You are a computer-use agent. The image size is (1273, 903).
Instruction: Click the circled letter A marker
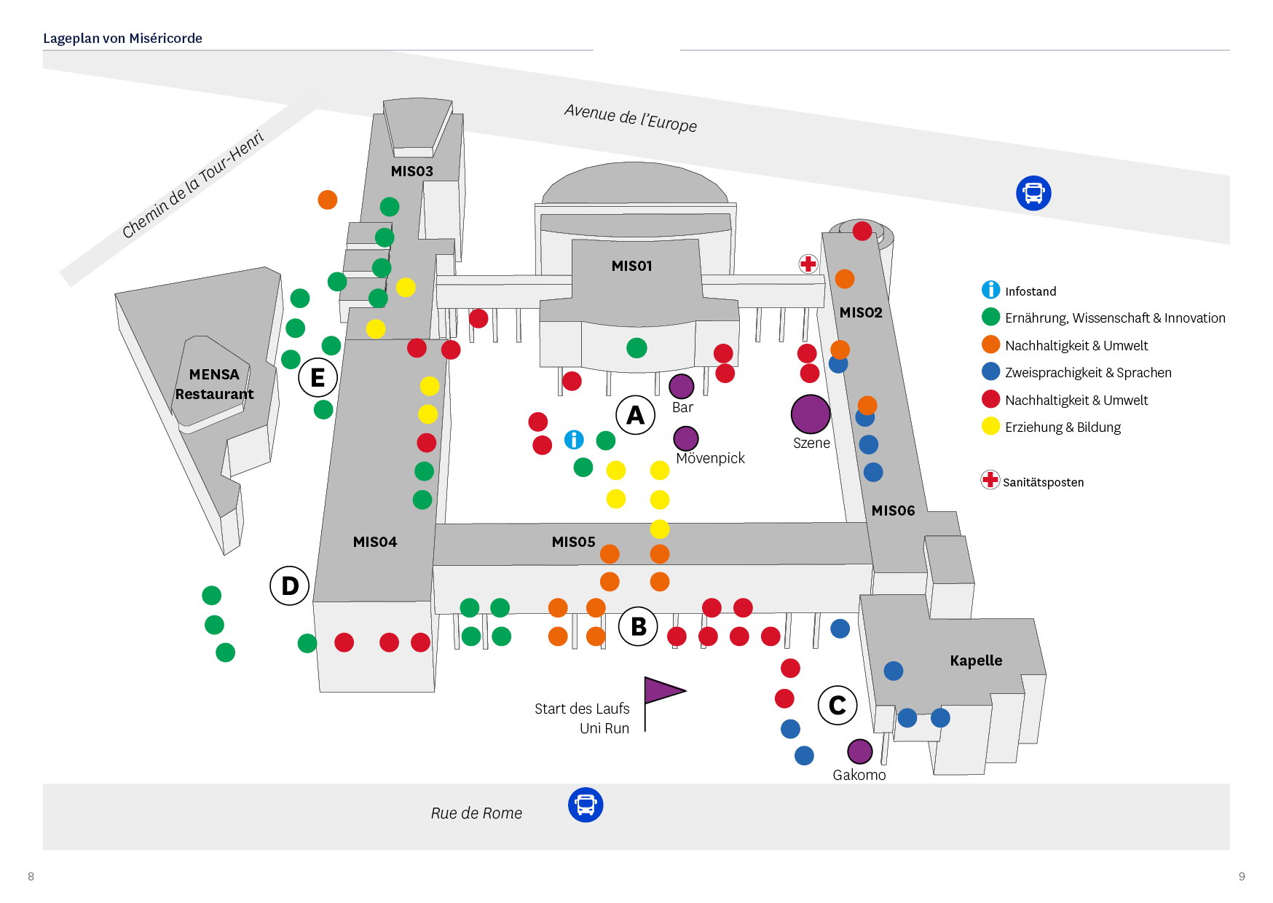coord(636,415)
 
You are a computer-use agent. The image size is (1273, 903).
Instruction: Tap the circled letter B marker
coord(638,626)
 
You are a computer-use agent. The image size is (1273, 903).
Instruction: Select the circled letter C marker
coord(837,705)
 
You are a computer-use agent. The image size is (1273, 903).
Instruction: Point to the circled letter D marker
coord(290,585)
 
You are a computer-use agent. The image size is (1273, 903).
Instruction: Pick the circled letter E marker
coord(318,377)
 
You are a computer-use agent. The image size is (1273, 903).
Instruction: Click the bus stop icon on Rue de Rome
coord(586,805)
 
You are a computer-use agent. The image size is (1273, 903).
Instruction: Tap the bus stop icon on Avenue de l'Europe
coord(1033,193)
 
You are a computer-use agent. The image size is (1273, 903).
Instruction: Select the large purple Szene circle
coord(811,414)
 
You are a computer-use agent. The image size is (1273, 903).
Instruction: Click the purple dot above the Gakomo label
coord(860,752)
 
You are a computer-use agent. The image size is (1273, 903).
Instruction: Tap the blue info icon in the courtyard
coord(574,440)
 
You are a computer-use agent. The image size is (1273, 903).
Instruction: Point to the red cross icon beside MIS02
coord(808,264)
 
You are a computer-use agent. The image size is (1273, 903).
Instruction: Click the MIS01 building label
coord(632,266)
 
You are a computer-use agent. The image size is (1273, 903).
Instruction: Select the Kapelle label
coord(976,661)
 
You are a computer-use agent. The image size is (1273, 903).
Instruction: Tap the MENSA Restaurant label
coord(214,384)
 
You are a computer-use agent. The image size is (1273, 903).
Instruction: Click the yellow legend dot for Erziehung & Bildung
coord(990,426)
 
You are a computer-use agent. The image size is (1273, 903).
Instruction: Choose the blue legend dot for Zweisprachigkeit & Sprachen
coord(990,371)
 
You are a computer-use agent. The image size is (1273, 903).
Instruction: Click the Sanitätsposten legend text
coord(1043,482)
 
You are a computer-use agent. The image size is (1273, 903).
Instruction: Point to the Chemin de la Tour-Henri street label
coord(193,184)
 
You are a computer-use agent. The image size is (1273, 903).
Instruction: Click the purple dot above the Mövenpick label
coord(686,438)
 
